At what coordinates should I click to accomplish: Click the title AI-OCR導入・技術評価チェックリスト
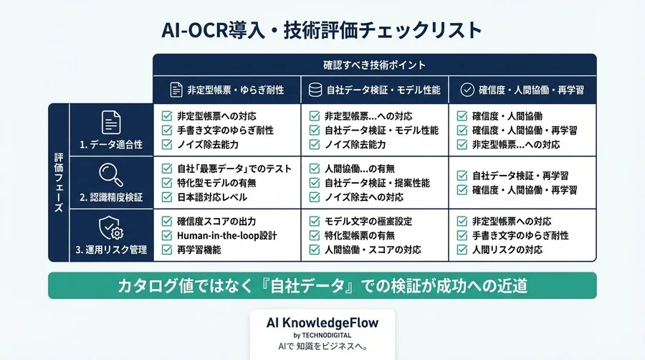click(x=322, y=31)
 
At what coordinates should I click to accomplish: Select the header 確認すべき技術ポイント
click(x=374, y=65)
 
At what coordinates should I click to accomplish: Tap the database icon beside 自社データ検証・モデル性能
click(x=314, y=90)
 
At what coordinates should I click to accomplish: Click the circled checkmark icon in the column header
click(x=467, y=90)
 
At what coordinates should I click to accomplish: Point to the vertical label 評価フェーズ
click(x=59, y=183)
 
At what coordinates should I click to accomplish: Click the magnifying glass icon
click(x=110, y=174)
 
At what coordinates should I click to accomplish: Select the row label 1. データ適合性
click(x=111, y=145)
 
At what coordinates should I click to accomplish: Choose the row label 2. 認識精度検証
click(x=111, y=196)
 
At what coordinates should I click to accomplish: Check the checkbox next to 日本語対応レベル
click(x=167, y=197)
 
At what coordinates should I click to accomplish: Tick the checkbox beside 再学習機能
click(x=167, y=250)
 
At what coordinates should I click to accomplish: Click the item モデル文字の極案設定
click(x=368, y=221)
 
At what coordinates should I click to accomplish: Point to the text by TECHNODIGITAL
click(x=322, y=335)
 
